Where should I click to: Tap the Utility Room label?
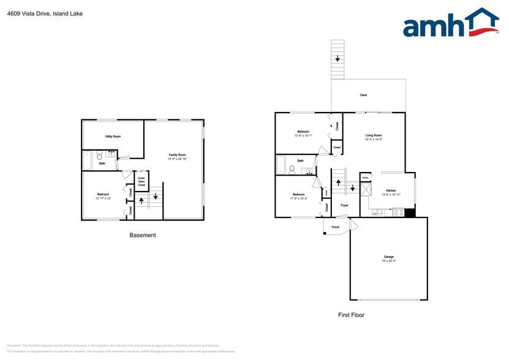click(x=112, y=137)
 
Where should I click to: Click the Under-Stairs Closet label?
click(x=141, y=182)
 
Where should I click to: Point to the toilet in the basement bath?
click(x=99, y=157)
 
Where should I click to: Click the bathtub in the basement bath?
click(x=87, y=160)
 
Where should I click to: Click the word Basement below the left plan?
click(x=143, y=235)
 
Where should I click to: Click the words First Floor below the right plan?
click(x=351, y=315)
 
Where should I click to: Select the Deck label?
click(x=363, y=96)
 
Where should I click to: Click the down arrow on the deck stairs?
click(x=337, y=59)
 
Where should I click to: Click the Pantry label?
click(x=365, y=178)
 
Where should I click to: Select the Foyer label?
click(x=344, y=205)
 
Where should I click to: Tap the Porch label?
click(x=335, y=227)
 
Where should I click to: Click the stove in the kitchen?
click(x=398, y=213)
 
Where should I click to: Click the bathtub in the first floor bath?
click(x=281, y=165)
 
